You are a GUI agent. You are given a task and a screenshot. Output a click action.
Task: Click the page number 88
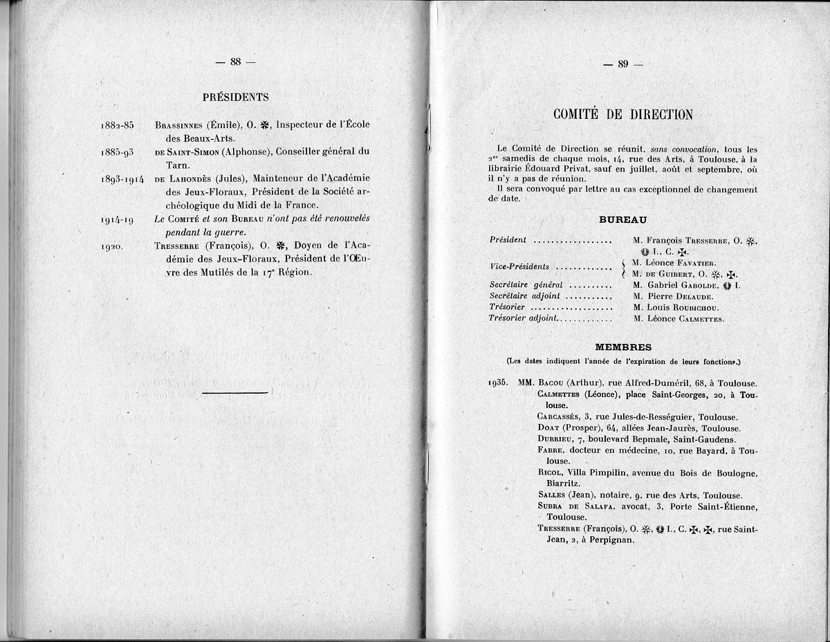[x=235, y=62]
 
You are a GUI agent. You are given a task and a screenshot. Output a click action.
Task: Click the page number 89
[x=622, y=64]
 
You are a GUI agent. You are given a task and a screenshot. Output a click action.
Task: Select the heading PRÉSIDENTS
[x=236, y=98]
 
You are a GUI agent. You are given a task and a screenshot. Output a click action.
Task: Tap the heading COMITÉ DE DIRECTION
[x=622, y=115]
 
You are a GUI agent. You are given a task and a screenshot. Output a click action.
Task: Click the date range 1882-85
[x=117, y=125]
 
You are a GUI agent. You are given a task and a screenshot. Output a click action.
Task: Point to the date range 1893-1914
[x=122, y=178]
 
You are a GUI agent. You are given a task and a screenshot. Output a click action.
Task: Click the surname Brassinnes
[x=179, y=125]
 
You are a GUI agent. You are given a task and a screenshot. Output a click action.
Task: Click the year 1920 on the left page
[x=112, y=245]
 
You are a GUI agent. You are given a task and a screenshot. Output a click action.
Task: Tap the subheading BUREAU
[x=622, y=219]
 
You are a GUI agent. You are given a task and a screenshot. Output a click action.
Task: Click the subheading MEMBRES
[x=622, y=347]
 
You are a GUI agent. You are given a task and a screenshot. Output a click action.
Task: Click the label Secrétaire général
[x=526, y=284]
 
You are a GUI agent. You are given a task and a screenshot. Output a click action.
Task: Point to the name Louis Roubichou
[x=682, y=307]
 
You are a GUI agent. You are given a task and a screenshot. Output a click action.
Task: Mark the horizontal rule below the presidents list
[x=235, y=392]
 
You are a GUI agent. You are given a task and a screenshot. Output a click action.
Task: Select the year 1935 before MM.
[x=498, y=383]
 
